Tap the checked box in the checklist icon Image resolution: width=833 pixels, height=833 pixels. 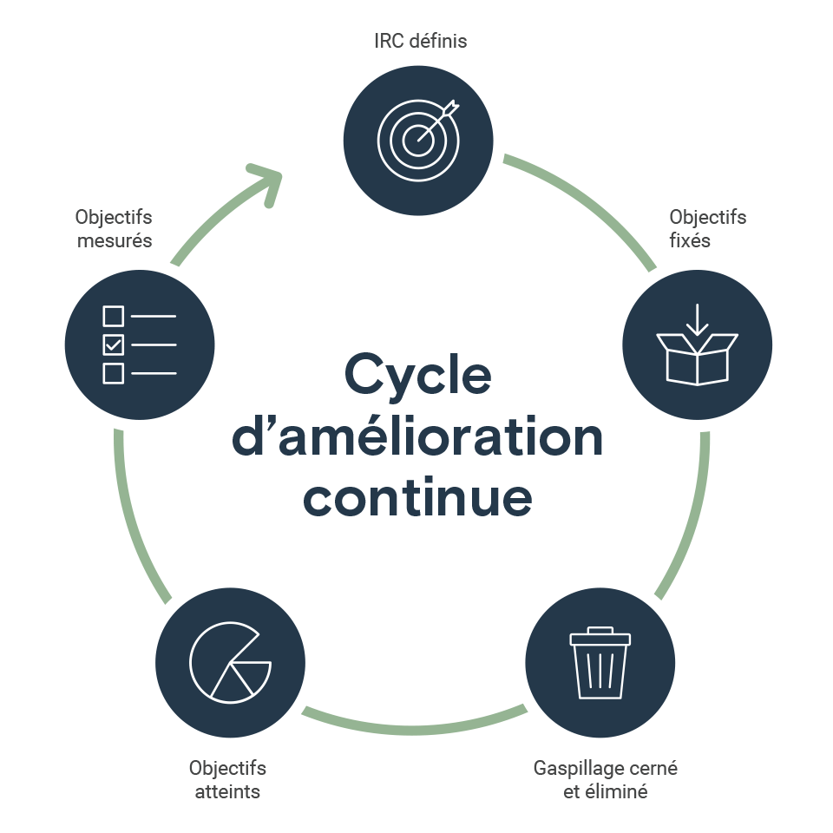click(114, 344)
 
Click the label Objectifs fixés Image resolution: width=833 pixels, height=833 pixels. click(707, 228)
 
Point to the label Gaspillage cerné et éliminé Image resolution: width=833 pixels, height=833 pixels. click(605, 779)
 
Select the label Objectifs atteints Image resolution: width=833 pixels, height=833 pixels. click(227, 779)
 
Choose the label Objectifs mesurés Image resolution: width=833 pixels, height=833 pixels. click(114, 228)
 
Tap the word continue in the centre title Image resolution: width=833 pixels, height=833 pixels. click(417, 496)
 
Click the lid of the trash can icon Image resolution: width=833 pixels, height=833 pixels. click(600, 638)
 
